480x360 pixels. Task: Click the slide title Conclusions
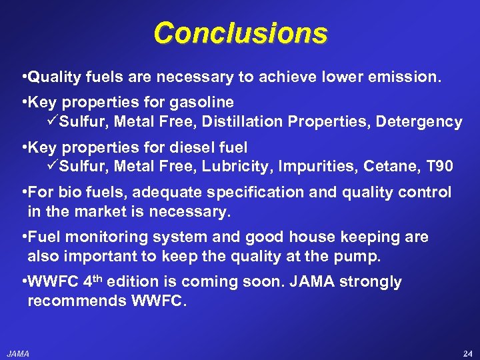click(240, 33)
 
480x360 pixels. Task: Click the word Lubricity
click(230, 166)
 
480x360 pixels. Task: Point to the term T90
click(440, 166)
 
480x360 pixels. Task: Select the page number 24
click(466, 353)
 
